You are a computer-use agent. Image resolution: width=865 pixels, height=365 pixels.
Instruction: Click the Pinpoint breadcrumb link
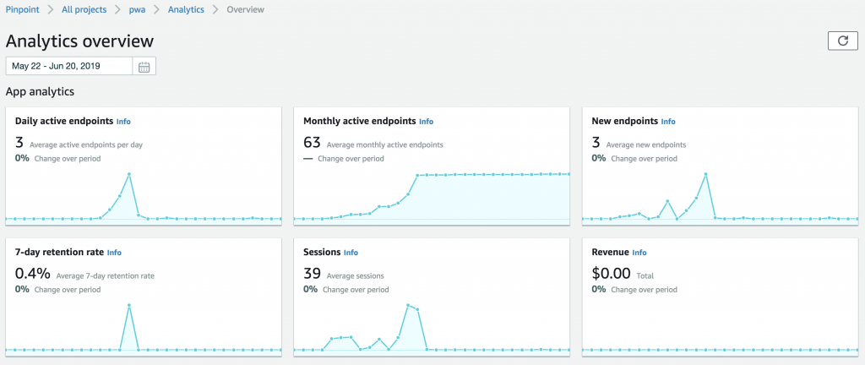click(24, 9)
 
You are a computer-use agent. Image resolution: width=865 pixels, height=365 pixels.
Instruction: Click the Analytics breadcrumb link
click(187, 9)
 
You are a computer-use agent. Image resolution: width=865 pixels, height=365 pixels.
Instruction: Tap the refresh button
click(842, 41)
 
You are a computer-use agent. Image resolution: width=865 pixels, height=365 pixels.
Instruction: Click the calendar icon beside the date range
click(144, 67)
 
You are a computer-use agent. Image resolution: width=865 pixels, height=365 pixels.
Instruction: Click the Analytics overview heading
click(79, 41)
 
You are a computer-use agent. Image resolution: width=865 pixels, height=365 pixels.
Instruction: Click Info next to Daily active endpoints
click(123, 122)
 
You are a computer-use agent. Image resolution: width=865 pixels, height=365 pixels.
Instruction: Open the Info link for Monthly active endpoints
click(426, 122)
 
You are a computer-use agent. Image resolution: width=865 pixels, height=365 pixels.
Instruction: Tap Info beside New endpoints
click(668, 122)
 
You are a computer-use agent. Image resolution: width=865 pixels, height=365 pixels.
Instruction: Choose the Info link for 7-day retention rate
click(114, 253)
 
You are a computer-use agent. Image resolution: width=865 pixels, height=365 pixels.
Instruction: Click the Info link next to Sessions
click(351, 253)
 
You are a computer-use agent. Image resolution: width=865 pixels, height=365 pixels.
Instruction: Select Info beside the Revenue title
click(639, 253)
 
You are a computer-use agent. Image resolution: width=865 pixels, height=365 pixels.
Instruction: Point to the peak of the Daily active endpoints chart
click(129, 174)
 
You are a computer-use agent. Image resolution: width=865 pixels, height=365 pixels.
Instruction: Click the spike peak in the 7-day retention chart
click(129, 305)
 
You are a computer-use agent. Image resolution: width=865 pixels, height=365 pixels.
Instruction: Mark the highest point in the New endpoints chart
click(705, 174)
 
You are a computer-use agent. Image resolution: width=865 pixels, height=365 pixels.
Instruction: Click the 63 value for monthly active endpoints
click(312, 144)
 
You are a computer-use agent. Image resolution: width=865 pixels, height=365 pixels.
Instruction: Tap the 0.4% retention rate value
click(33, 275)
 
